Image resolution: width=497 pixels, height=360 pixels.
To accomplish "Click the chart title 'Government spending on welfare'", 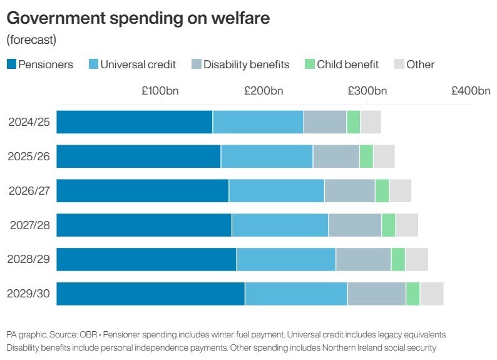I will click(138, 18).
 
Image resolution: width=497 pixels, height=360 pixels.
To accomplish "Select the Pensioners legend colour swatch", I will click(11, 64).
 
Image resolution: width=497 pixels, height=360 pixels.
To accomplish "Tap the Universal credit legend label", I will click(138, 64).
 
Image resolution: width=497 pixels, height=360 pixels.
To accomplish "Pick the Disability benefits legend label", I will click(246, 64).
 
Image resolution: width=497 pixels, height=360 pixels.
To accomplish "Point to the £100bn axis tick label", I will click(160, 91).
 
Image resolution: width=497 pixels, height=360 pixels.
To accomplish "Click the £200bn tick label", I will click(264, 91).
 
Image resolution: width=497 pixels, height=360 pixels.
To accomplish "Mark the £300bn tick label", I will click(367, 91).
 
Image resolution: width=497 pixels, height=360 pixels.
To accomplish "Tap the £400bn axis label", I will click(471, 91).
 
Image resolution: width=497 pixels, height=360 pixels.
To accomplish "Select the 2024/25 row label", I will click(29, 122).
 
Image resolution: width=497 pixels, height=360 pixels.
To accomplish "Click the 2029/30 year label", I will click(29, 294).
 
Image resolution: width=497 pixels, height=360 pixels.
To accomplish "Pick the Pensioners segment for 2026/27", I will click(143, 190).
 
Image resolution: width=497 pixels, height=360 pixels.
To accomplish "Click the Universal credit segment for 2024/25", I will click(258, 122).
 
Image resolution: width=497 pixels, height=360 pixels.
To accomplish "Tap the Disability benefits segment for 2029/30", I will click(376, 294).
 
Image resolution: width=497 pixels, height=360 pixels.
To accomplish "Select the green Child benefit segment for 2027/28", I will click(389, 225).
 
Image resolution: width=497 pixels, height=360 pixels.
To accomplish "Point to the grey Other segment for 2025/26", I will click(384, 156).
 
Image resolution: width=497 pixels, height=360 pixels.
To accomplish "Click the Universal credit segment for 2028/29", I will click(286, 259).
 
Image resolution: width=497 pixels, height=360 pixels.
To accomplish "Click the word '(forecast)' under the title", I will click(31, 40).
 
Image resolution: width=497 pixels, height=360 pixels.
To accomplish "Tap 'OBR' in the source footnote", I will click(88, 334).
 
